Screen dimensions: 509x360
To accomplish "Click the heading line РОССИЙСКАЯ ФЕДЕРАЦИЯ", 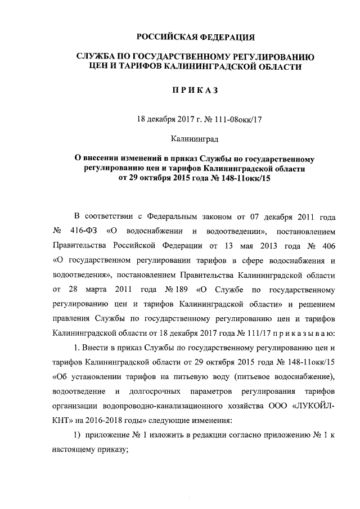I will (196, 37).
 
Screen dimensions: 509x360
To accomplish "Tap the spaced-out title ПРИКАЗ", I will (196, 92).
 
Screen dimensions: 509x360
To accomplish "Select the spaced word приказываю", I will (303, 334).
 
